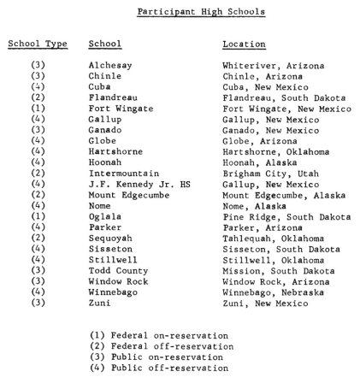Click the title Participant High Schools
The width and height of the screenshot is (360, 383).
pyautogui.click(x=202, y=12)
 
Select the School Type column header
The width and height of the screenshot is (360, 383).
pyautogui.click(x=38, y=44)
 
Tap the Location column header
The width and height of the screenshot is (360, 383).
pyautogui.click(x=245, y=44)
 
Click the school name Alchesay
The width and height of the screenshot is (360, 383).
pyautogui.click(x=109, y=65)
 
